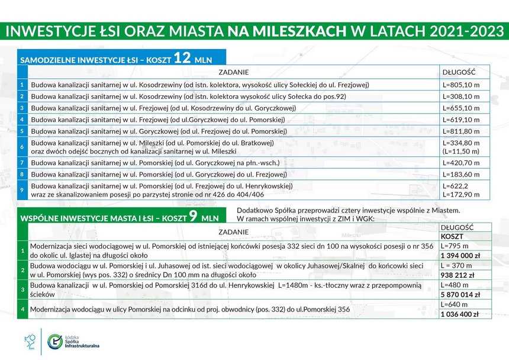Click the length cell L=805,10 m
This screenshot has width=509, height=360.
[461, 85]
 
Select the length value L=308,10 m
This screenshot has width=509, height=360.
[461, 97]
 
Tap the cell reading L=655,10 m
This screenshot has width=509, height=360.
[461, 108]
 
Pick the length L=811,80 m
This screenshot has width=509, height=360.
[461, 131]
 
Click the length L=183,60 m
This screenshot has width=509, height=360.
[461, 175]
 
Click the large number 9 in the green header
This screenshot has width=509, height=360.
[192, 216]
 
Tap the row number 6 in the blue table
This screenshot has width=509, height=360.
[22, 147]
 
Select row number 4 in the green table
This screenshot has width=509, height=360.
[22, 309]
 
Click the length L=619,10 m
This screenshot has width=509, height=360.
[461, 120]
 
